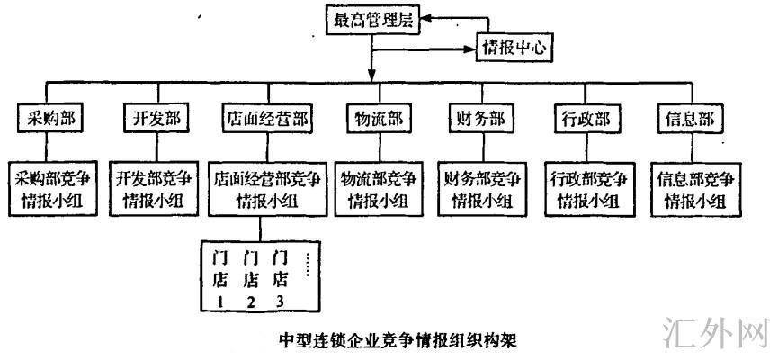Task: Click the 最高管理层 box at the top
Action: click(371, 21)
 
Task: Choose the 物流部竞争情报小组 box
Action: click(376, 189)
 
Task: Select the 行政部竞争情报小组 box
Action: click(587, 189)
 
